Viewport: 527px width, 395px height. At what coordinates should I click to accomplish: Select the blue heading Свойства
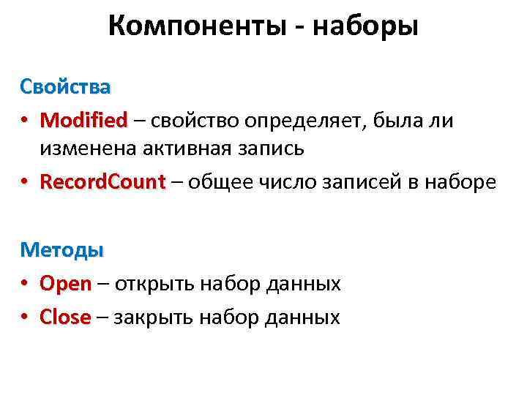point(65,87)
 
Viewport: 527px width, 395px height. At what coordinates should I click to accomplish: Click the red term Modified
point(83,119)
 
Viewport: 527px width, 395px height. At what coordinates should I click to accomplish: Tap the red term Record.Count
point(102,181)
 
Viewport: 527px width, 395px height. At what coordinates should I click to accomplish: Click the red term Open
point(66,283)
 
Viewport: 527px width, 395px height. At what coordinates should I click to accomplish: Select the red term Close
point(66,317)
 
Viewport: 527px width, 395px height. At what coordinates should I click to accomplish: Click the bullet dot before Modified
point(25,120)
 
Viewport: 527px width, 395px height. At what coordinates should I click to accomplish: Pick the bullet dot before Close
point(25,317)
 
